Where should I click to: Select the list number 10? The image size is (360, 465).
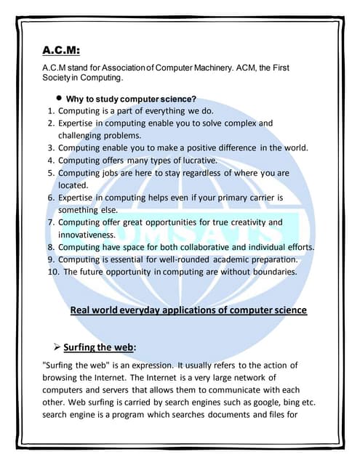tap(52, 272)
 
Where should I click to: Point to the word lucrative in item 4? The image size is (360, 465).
tap(194, 160)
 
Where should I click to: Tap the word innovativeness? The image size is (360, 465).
tap(87, 235)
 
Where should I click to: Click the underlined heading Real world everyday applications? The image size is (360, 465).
tap(188, 310)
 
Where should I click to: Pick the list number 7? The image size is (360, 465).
tap(51, 222)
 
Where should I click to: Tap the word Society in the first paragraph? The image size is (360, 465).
tap(60, 77)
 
